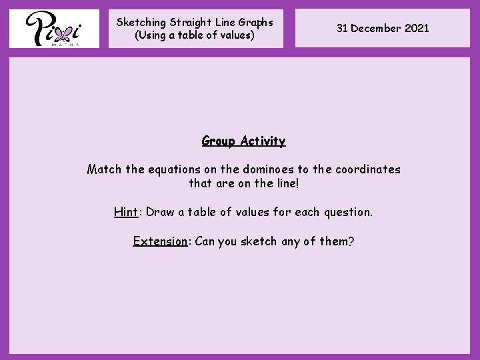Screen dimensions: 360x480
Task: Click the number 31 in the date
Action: (342, 28)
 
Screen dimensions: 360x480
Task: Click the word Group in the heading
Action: (219, 141)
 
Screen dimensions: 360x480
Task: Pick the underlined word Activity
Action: (263, 141)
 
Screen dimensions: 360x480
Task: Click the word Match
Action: (105, 169)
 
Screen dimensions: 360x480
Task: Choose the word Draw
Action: (160, 212)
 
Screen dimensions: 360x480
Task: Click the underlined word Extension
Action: (160, 241)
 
